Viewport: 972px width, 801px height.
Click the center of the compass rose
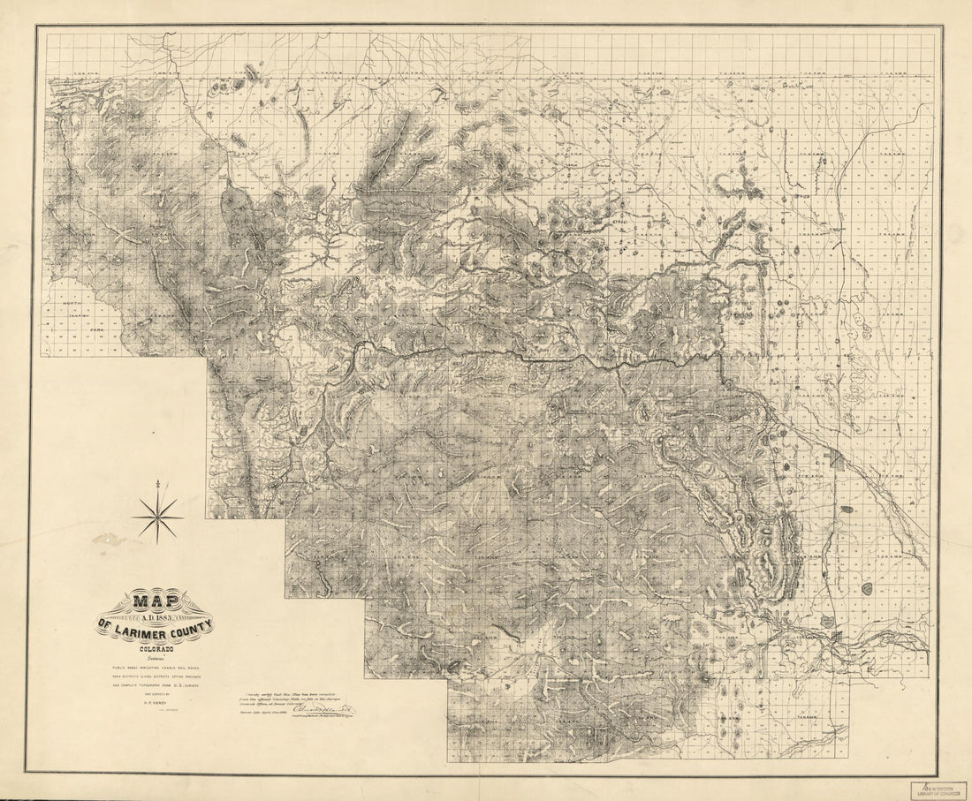(158, 517)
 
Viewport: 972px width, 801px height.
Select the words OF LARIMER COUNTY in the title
(156, 628)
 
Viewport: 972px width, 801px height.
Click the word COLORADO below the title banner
(156, 644)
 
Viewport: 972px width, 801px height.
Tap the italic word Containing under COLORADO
(156, 654)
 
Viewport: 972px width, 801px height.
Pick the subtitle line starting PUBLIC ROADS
(156, 663)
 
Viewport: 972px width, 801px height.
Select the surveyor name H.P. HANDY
(156, 704)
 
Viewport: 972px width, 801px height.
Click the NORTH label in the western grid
(71, 304)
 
